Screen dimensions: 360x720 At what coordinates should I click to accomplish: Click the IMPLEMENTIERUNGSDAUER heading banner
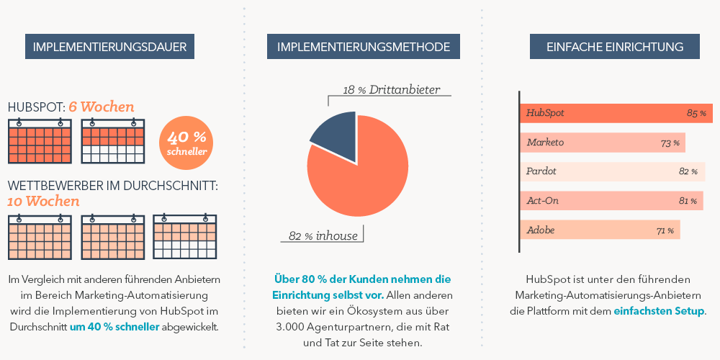pos(109,47)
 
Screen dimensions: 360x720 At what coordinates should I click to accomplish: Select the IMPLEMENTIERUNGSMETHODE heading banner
pos(364,47)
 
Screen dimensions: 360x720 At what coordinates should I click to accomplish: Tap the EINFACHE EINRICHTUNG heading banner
pos(615,47)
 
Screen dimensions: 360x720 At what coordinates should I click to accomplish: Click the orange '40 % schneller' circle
pos(186,141)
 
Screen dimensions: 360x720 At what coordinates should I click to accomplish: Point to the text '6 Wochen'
pos(102,107)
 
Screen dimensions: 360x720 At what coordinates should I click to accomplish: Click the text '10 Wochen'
pos(43,201)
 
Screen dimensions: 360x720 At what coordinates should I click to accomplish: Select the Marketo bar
pos(602,143)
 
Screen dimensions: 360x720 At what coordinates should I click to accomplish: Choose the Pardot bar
pos(612,171)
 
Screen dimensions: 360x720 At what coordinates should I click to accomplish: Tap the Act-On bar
pos(611,201)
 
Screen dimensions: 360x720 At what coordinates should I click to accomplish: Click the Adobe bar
pos(599,230)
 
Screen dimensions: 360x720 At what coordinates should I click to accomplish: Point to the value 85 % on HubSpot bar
pos(696,114)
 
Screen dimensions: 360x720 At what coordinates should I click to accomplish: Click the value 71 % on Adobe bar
pos(665,231)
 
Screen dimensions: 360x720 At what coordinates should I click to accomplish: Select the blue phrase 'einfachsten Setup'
pos(659,311)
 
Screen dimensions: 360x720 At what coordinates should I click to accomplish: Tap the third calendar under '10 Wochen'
pos(185,237)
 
